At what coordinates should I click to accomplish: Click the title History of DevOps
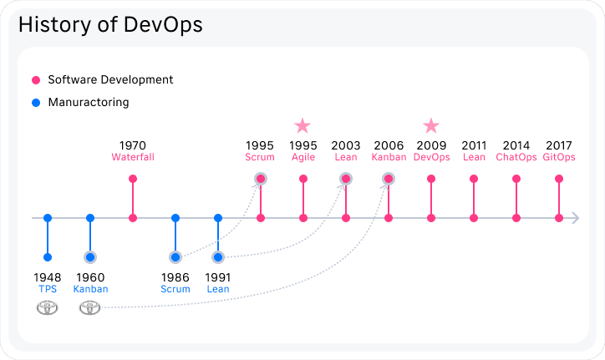[110, 25]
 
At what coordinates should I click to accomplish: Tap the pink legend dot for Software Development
[36, 80]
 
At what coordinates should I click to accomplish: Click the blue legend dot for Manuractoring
[36, 103]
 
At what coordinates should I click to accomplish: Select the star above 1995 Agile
[302, 126]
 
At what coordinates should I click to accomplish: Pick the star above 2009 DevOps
[431, 126]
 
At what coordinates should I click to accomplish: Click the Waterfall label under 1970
[133, 157]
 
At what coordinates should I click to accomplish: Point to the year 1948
[48, 277]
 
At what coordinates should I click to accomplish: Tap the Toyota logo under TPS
[48, 308]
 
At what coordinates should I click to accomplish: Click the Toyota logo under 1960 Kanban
[90, 308]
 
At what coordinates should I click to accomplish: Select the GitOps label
[559, 157]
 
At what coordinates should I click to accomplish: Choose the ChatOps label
[516, 157]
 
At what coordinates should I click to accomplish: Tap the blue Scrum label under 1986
[175, 289]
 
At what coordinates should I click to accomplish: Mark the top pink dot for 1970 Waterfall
[133, 179]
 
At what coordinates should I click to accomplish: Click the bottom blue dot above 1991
[218, 257]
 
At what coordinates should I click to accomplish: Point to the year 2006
[389, 145]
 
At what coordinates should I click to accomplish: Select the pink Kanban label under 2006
[389, 157]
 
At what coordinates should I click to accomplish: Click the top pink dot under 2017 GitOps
[559, 179]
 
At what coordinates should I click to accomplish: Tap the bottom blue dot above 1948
[48, 257]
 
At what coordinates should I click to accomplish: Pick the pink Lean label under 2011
[474, 157]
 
